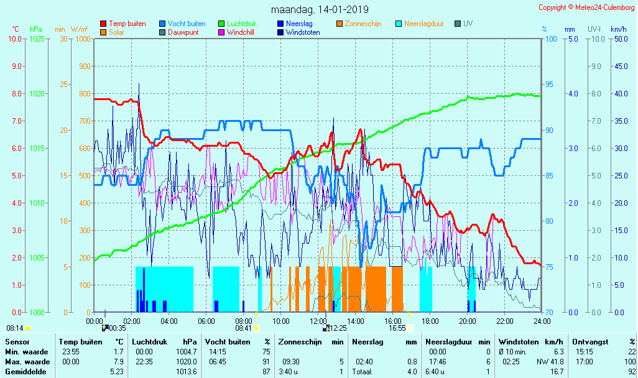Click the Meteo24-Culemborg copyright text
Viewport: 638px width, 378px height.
point(586,7)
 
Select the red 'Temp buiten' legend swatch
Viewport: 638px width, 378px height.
point(103,24)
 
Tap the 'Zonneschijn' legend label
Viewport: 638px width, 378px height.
point(363,24)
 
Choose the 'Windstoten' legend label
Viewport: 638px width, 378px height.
point(303,32)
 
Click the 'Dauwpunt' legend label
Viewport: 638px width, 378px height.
point(183,32)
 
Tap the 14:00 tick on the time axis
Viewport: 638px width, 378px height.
point(356,321)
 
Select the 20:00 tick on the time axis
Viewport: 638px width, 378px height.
point(468,321)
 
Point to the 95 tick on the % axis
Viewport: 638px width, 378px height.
point(548,85)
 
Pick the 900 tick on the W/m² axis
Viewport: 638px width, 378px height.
point(83,67)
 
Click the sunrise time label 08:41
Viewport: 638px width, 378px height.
point(243,328)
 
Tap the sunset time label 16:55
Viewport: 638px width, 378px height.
point(397,328)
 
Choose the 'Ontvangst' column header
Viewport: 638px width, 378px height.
point(590,342)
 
